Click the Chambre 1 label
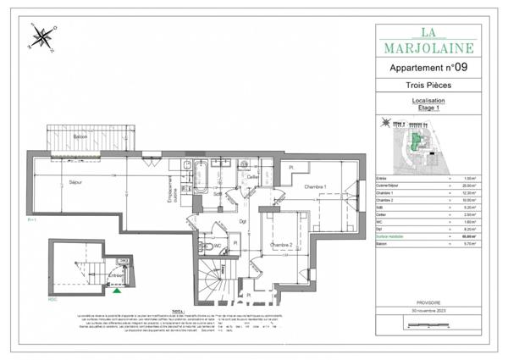pyautogui.click(x=316, y=186)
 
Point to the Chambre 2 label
pyautogui.click(x=282, y=246)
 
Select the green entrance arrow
pyautogui.click(x=116, y=291)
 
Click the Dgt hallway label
pyautogui.click(x=242, y=222)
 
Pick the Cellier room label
pyautogui.click(x=252, y=177)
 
